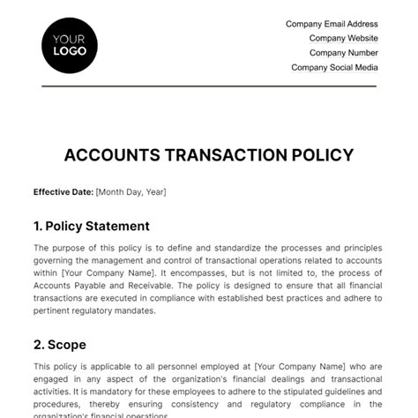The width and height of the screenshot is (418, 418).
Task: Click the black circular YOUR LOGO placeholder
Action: click(x=70, y=45)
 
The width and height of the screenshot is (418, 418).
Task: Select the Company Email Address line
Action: click(x=332, y=25)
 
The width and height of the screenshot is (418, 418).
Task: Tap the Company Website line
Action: click(x=343, y=39)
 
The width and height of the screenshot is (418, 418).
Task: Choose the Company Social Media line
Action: click(x=334, y=67)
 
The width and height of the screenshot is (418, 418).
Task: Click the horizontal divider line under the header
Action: click(x=208, y=86)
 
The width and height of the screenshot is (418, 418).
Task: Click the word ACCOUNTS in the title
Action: click(x=109, y=155)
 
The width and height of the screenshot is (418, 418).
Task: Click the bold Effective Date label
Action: click(x=63, y=191)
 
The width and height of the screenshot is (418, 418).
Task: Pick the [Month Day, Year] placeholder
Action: click(x=131, y=191)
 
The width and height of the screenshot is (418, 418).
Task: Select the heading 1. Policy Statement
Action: click(x=91, y=226)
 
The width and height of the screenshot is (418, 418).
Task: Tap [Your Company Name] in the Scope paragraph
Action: click(x=297, y=366)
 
